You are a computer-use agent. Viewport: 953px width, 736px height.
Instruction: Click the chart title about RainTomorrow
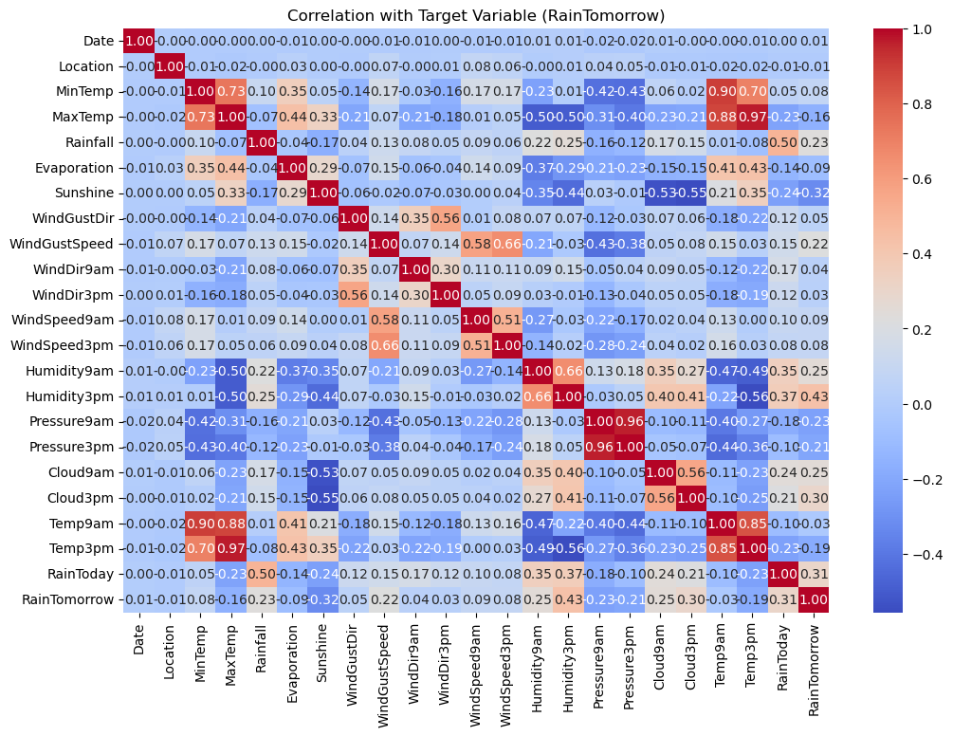point(476,15)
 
